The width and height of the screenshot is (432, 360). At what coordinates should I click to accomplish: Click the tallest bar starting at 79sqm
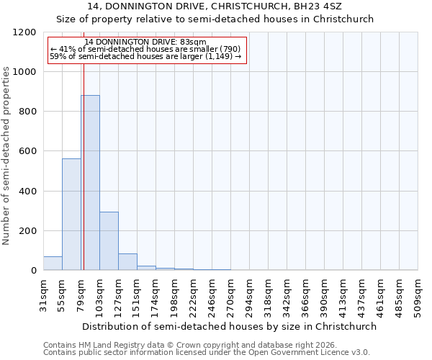pos(90,183)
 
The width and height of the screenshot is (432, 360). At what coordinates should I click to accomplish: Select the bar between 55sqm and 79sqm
pos(71,215)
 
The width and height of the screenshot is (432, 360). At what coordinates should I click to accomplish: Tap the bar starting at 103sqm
pos(109,241)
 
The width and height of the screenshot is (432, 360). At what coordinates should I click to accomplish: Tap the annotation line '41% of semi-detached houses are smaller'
pos(144,49)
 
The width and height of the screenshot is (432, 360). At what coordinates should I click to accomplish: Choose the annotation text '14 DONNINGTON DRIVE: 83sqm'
pos(145,42)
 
